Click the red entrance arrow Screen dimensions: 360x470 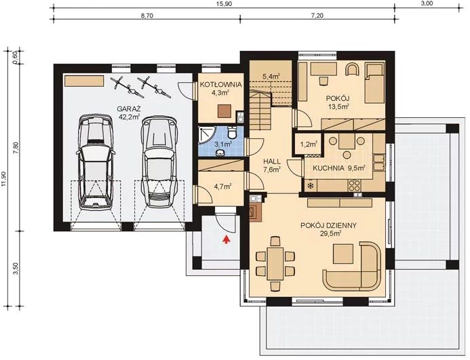(x=227, y=238)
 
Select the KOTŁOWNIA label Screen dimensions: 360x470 (x=217, y=84)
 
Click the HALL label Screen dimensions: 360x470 (x=271, y=161)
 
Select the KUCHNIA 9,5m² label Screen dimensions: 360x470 (x=339, y=167)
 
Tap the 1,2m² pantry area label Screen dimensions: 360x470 (x=309, y=144)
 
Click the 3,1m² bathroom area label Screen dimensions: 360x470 (x=223, y=144)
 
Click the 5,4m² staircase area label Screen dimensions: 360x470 (x=271, y=77)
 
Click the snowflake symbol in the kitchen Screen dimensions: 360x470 (x=311, y=185)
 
